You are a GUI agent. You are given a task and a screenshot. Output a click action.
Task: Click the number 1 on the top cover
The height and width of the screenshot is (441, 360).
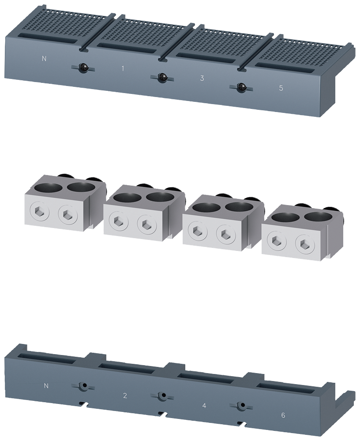click(122, 68)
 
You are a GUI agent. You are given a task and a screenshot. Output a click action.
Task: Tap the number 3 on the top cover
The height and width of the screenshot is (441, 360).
click(202, 78)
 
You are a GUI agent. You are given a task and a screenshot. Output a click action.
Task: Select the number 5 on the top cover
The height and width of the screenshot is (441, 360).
click(281, 88)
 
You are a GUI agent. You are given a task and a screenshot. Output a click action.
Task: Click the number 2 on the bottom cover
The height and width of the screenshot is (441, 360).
click(125, 396)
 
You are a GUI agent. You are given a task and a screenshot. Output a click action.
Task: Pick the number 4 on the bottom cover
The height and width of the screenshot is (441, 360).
click(204, 405)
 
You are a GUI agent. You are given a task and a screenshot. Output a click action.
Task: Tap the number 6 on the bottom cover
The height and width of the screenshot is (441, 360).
click(283, 415)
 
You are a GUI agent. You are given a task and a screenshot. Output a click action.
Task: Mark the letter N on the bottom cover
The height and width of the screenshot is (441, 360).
click(46, 386)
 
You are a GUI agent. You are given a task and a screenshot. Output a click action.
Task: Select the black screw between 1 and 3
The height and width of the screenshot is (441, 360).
click(162, 77)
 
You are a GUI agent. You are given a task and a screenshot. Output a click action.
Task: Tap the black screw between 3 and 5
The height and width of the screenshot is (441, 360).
click(241, 87)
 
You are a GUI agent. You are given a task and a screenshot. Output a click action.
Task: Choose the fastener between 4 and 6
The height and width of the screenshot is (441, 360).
click(241, 405)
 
